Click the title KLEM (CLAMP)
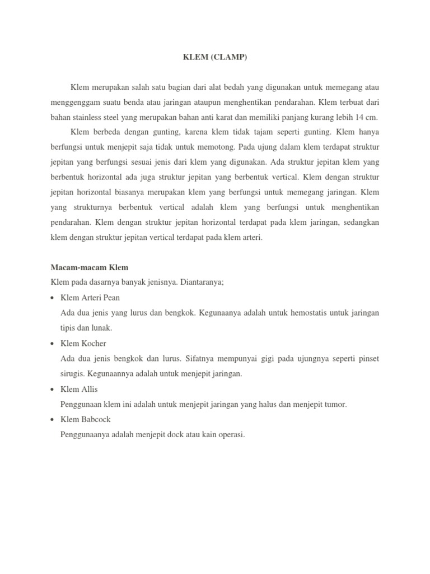tap(214, 57)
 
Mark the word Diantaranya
tap(203, 283)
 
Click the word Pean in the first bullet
tap(110, 298)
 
